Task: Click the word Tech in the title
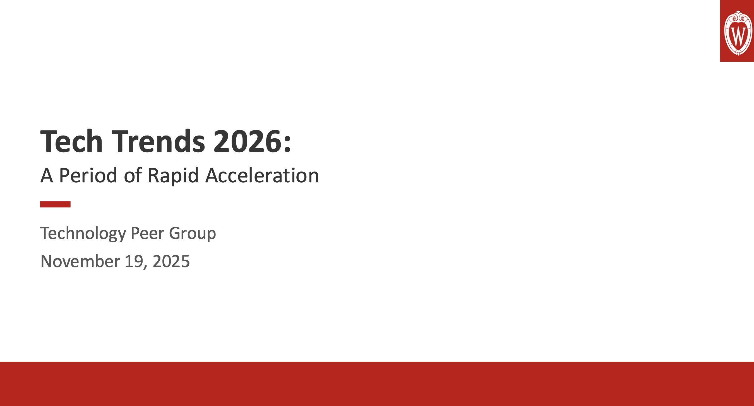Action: coord(71,142)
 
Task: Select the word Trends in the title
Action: coord(158,142)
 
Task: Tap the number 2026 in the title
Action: coord(247,142)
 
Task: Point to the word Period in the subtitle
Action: coord(88,175)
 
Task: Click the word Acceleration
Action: coord(262,175)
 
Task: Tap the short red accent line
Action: coord(55,204)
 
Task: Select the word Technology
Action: coord(83,233)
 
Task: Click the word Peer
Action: coord(148,233)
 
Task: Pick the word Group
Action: coord(193,233)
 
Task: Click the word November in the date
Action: coord(80,261)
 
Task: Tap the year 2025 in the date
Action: coord(171,261)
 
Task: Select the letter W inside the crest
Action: coord(738,36)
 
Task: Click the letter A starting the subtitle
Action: coord(47,175)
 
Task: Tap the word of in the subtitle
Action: coord(133,175)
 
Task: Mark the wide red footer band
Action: coord(377,384)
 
